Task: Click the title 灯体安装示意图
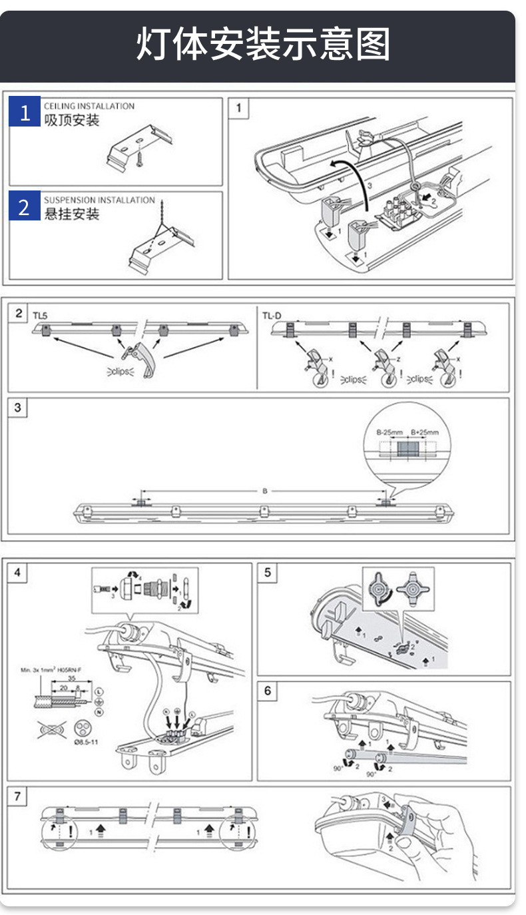click(x=263, y=45)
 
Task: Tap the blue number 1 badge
click(x=25, y=113)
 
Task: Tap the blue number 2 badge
click(x=25, y=207)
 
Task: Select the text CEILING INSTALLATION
click(x=89, y=106)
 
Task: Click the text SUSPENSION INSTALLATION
click(x=99, y=200)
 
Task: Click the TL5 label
click(x=40, y=315)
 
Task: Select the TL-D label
click(x=272, y=315)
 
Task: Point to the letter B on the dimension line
click(x=264, y=491)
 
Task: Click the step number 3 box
click(x=18, y=408)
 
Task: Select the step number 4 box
click(x=18, y=572)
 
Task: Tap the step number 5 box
click(x=268, y=572)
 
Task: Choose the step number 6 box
click(x=268, y=691)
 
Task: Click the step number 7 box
click(x=18, y=796)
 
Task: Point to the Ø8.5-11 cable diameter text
click(x=86, y=741)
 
